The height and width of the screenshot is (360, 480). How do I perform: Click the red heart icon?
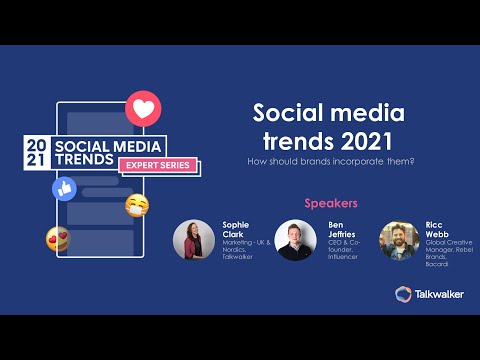tap(141, 107)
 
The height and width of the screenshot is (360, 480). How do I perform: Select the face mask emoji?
tap(137, 207)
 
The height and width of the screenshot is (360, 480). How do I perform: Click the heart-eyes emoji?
tap(57, 239)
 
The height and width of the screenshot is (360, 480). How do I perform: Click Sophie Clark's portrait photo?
tap(193, 240)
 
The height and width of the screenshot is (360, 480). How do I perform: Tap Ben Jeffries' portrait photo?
tap(295, 240)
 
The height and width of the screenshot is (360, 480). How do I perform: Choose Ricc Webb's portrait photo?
tap(399, 240)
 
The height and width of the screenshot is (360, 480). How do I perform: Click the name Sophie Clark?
tap(235, 230)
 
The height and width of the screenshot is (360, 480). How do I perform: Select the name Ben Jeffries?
tap(342, 230)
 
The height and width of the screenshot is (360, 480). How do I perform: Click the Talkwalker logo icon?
tap(403, 294)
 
